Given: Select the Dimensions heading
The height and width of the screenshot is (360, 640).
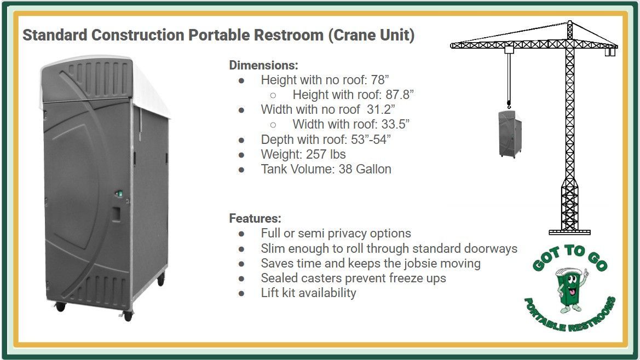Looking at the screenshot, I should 263,65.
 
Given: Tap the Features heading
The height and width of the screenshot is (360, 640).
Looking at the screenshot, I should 255,218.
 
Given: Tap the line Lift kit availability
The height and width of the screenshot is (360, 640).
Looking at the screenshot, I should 308,293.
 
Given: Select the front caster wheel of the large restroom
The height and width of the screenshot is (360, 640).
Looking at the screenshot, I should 128,316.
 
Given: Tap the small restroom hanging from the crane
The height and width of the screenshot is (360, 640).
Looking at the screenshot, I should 510,133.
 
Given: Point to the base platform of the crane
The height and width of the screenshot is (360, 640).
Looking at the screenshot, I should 569,231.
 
